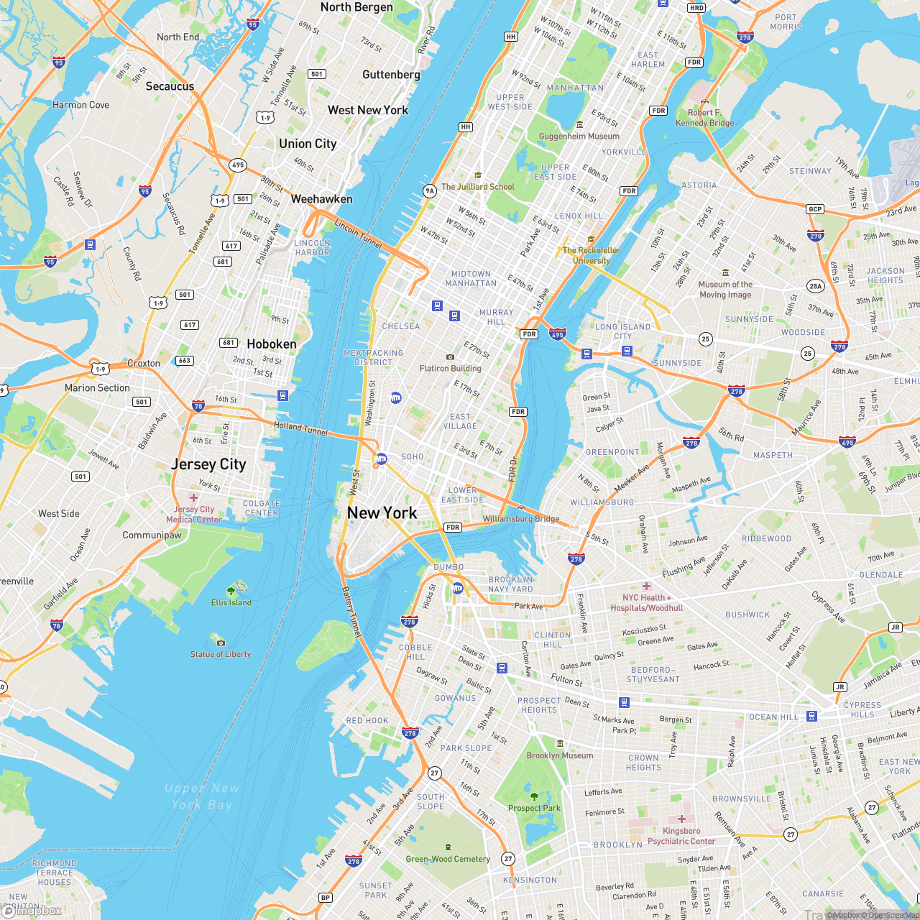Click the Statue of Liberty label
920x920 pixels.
click(x=221, y=654)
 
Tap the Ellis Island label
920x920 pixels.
click(x=231, y=602)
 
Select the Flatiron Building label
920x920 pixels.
click(x=451, y=368)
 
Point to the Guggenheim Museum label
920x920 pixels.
click(x=579, y=136)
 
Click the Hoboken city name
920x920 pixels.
click(x=272, y=344)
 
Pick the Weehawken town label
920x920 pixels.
click(x=321, y=199)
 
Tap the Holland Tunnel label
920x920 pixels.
click(x=300, y=429)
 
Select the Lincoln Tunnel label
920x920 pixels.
click(x=359, y=234)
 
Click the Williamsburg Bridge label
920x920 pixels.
click(x=521, y=518)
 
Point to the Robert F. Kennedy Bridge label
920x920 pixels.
click(x=704, y=117)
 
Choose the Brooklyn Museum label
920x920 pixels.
click(x=560, y=755)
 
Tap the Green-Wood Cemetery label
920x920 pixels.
click(x=448, y=859)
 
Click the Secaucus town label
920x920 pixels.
click(x=170, y=86)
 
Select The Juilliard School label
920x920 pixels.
click(x=478, y=186)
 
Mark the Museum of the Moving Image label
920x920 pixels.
click(x=725, y=289)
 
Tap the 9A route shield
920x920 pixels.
click(x=430, y=190)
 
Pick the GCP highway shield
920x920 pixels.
click(x=815, y=209)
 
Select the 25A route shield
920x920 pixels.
click(x=815, y=285)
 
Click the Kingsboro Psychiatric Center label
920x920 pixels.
click(x=681, y=836)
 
